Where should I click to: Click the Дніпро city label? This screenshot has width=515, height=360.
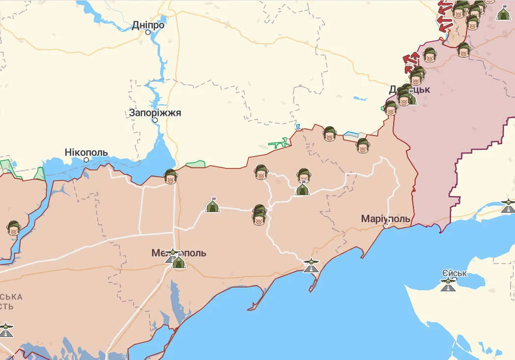pyautogui.click(x=148, y=25)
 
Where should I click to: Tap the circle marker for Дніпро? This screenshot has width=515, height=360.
pyautogui.click(x=148, y=32)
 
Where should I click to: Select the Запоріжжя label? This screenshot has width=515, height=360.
pyautogui.click(x=155, y=112)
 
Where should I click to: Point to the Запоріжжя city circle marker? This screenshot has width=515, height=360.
pyautogui.click(x=155, y=120)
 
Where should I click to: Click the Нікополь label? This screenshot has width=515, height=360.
pyautogui.click(x=86, y=152)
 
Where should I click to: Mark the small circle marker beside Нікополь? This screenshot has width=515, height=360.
pyautogui.click(x=86, y=160)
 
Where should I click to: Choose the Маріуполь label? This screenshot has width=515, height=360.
pyautogui.click(x=385, y=218)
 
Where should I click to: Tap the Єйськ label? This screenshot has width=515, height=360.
pyautogui.click(x=454, y=274)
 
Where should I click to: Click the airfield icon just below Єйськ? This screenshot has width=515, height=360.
pyautogui.click(x=448, y=284)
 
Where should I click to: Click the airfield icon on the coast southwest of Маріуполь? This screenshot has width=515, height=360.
pyautogui.click(x=310, y=265)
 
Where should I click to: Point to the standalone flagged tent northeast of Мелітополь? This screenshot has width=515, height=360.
pyautogui.click(x=213, y=205)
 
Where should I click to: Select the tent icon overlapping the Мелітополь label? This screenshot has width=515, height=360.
pyautogui.click(x=178, y=262)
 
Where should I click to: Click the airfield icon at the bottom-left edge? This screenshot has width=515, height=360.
pyautogui.click(x=5, y=330)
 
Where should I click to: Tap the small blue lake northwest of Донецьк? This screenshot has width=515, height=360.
pyautogui.click(x=360, y=98)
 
